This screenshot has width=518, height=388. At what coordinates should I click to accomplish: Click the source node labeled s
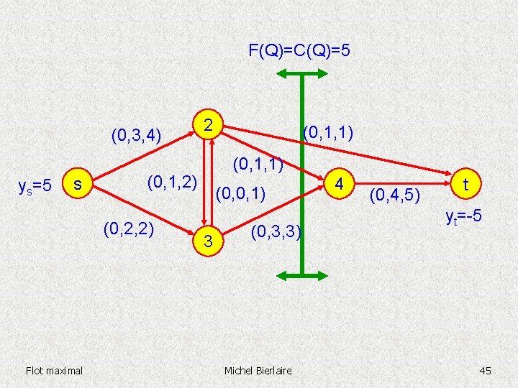(x=77, y=185)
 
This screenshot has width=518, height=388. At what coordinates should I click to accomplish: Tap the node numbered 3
(x=207, y=242)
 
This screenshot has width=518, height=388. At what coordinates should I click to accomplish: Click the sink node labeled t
(x=466, y=184)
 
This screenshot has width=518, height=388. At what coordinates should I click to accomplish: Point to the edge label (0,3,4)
(x=135, y=134)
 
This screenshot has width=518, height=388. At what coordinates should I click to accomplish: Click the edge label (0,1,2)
(x=172, y=182)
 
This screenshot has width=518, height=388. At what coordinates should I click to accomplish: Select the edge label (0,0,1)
(x=241, y=193)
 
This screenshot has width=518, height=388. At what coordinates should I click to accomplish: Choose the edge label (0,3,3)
(x=276, y=232)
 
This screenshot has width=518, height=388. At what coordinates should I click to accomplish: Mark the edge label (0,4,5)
(x=395, y=193)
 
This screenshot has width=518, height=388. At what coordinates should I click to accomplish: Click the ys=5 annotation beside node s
(x=34, y=186)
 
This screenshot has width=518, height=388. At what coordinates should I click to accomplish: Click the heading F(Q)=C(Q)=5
(x=299, y=51)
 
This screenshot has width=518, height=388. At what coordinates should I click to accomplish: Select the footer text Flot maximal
(x=54, y=370)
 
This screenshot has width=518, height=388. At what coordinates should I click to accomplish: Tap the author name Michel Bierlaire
(x=258, y=370)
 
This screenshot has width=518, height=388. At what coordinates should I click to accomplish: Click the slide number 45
(x=485, y=370)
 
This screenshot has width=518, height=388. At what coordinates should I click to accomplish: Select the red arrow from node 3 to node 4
(x=273, y=211)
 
